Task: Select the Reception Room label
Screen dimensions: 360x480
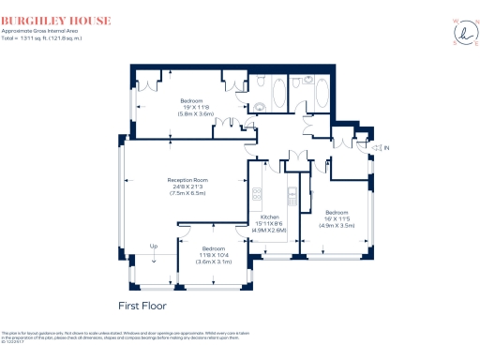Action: click(x=187, y=179)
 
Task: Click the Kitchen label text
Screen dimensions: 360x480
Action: click(x=271, y=217)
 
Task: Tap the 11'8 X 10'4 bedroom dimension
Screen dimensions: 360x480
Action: click(x=213, y=255)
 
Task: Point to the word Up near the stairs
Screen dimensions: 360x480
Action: click(x=141, y=247)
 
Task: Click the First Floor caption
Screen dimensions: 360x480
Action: click(x=143, y=307)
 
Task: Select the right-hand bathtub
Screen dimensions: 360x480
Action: click(x=320, y=93)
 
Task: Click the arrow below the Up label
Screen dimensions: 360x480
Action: click(x=141, y=257)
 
